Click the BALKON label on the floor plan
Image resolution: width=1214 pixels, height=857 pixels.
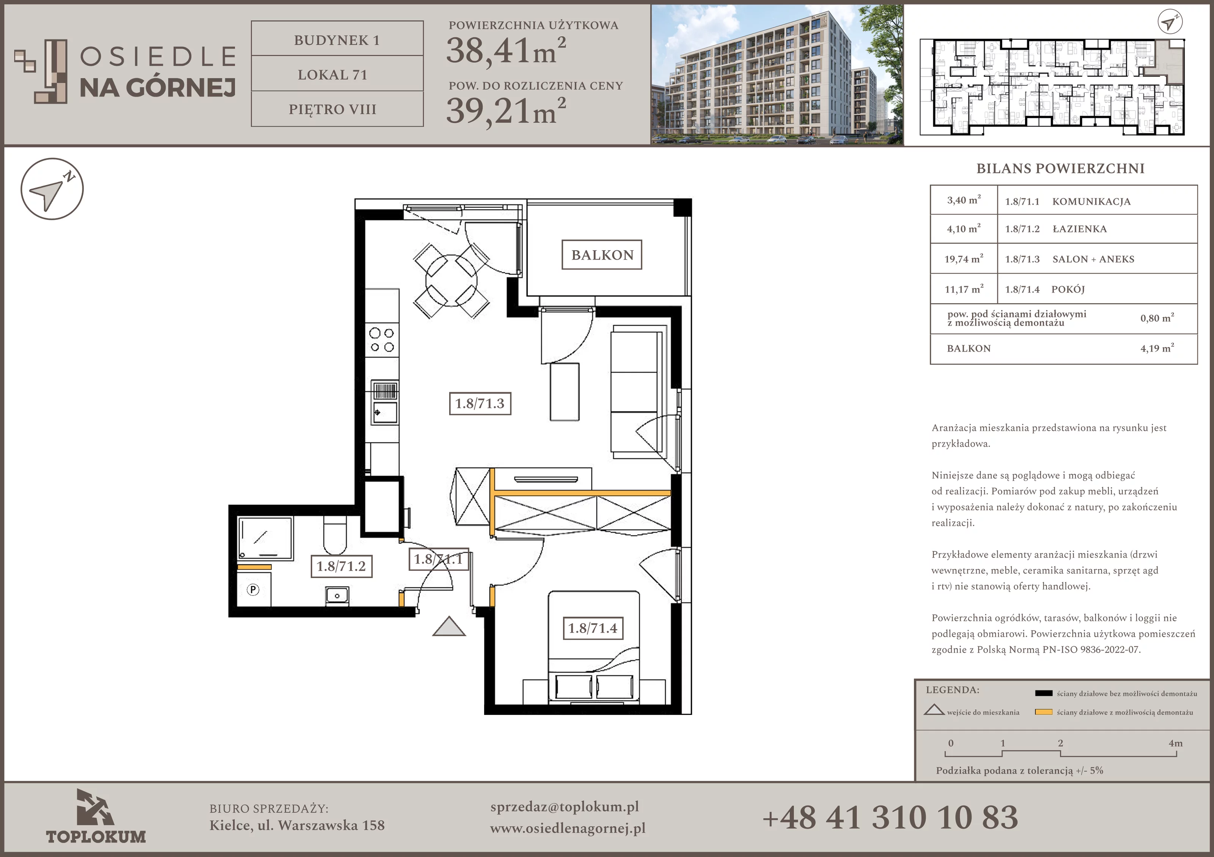pos(602,255)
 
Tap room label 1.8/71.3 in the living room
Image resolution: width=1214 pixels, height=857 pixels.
pos(480,404)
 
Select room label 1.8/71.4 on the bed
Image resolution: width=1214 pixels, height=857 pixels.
pos(593,628)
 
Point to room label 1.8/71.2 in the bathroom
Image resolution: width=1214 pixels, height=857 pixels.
pos(341,566)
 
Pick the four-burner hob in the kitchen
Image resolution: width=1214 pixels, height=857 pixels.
pos(382,340)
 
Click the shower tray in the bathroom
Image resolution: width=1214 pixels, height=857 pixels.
pos(265,538)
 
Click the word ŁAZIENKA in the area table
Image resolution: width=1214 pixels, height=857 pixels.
pos(1080,229)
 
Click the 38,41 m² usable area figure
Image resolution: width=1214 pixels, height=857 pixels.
pos(506,51)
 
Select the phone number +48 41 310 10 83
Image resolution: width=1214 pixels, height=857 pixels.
pos(890,817)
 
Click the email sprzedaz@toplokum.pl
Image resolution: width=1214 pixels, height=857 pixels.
pos(565,807)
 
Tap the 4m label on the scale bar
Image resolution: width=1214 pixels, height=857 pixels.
pos(1175,743)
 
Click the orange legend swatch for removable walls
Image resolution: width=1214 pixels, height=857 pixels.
pos(1044,712)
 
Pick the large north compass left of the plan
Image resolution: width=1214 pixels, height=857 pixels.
pos(52,189)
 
